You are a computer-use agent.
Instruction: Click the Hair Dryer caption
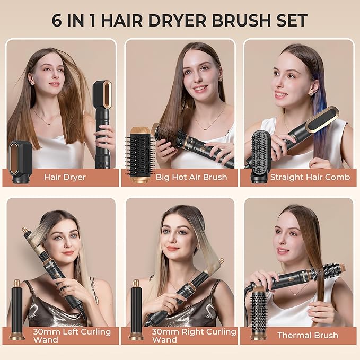click(65, 177)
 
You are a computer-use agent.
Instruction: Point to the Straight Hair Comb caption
click(310, 177)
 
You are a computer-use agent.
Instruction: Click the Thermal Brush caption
click(308, 335)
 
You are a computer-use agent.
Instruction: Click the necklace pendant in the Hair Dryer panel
click(45, 123)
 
